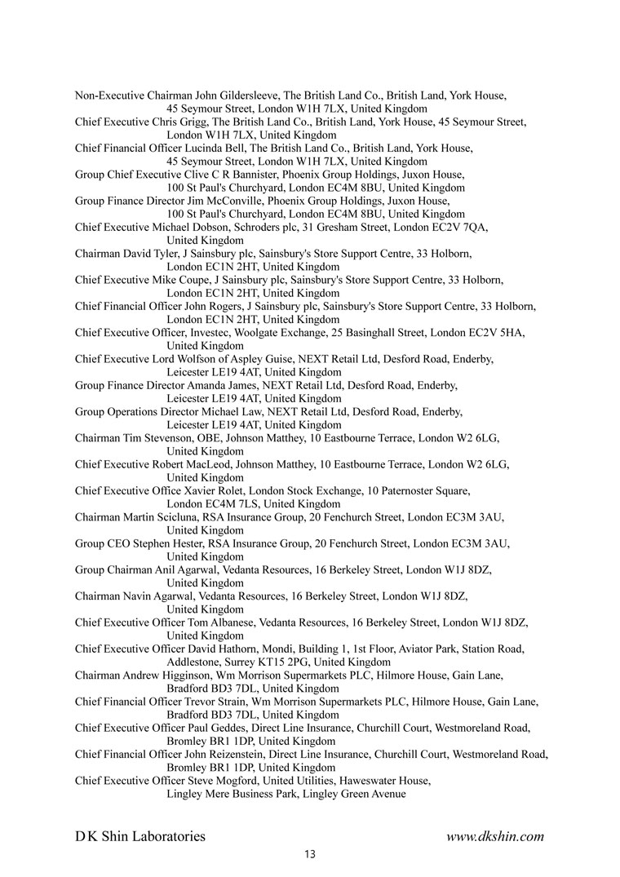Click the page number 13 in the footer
309,855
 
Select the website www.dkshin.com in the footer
495,836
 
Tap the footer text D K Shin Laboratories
140,836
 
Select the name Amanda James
223,385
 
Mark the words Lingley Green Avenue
355,794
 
